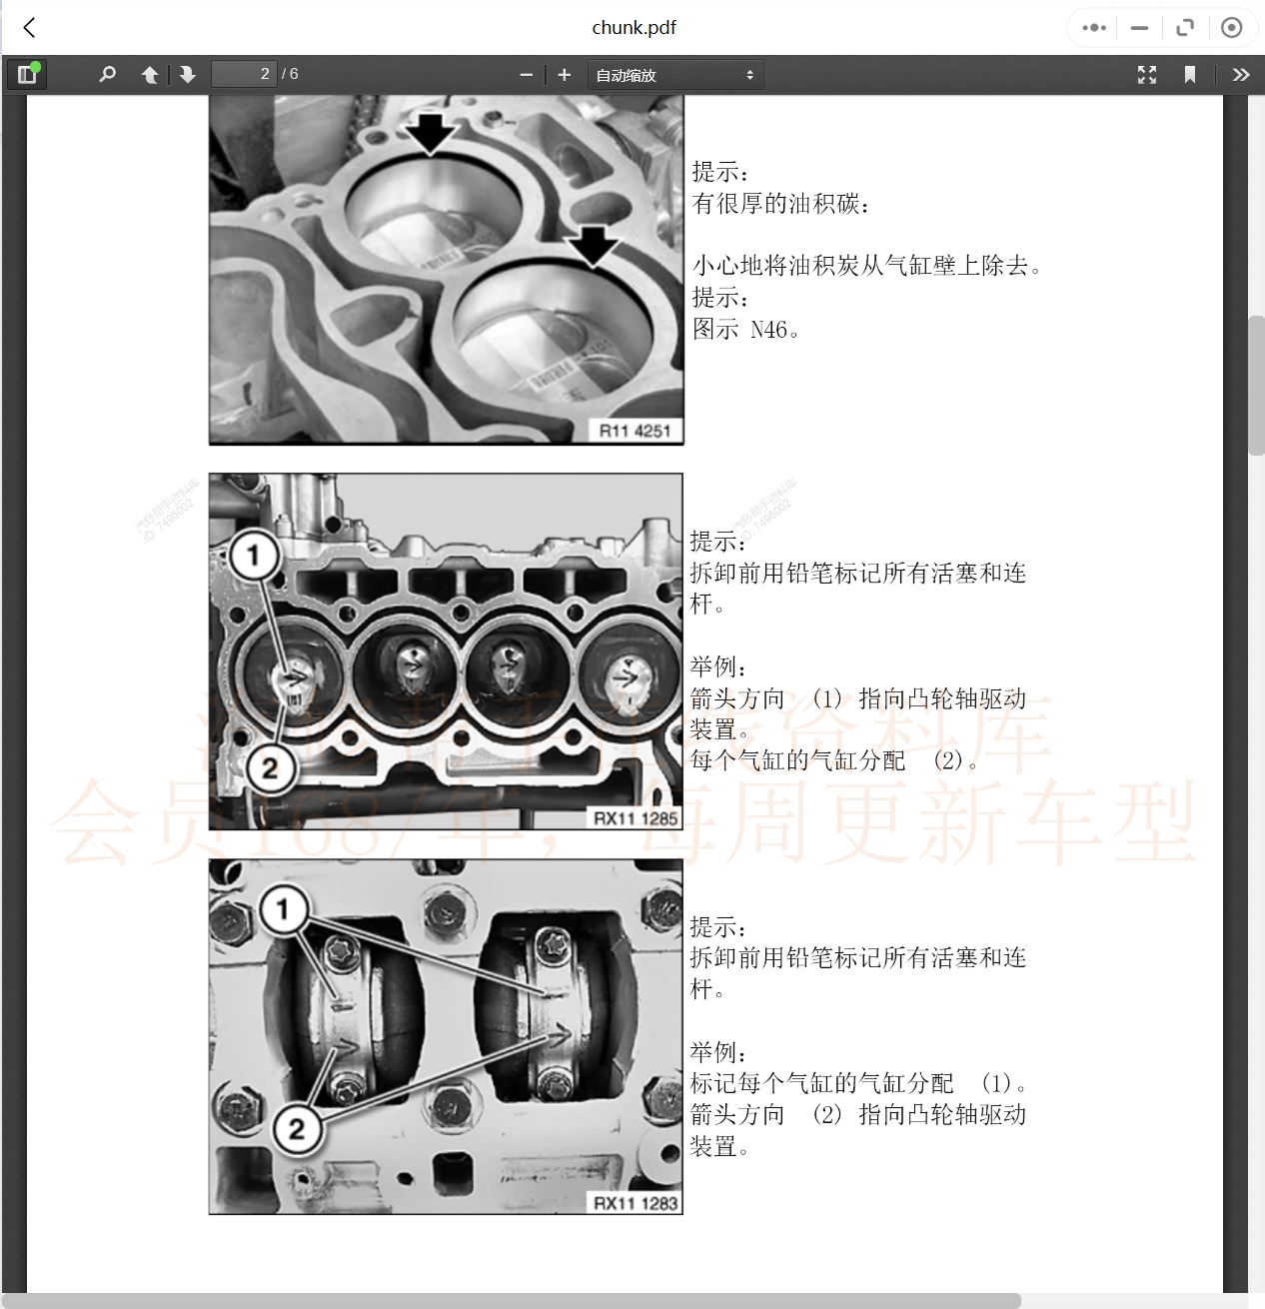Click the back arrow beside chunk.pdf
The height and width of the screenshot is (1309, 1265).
tap(30, 28)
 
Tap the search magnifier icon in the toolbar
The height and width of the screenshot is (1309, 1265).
tap(108, 74)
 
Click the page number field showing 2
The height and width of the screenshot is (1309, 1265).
tap(243, 74)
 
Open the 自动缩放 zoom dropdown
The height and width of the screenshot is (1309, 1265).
tap(674, 75)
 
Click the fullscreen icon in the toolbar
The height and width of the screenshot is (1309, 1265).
tap(1146, 75)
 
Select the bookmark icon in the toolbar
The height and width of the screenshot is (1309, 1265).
tap(1189, 75)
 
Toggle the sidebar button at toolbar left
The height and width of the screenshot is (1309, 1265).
tap(27, 74)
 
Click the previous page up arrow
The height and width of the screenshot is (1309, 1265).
tap(150, 75)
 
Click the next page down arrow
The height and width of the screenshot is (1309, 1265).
tap(187, 75)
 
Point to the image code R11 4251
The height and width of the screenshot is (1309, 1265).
tap(634, 431)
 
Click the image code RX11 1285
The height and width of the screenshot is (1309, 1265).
tap(635, 817)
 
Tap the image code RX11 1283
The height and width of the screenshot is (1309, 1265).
tap(635, 1202)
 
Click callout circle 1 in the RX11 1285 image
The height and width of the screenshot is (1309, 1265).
tap(253, 556)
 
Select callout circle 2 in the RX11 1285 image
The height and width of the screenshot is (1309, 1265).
tap(270, 767)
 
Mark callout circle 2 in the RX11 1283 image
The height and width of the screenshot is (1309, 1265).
tap(297, 1128)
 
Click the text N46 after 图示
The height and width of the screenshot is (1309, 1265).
tap(768, 330)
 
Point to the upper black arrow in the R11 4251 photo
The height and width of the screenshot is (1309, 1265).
tap(431, 134)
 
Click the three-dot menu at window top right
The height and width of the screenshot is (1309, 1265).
tap(1094, 28)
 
